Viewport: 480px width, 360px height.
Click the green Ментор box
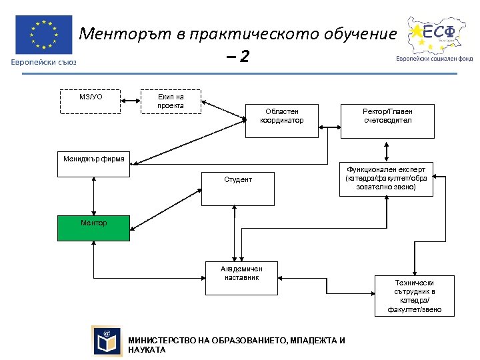point(94,227)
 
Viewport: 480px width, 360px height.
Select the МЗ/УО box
point(91,101)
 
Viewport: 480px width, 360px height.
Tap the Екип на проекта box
point(171,101)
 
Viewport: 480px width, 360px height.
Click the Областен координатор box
point(282,121)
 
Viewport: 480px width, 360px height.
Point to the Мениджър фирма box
point(94,165)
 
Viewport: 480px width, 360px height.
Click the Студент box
point(238,189)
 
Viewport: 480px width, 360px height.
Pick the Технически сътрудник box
point(414,295)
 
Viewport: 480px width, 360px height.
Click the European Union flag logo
point(43,35)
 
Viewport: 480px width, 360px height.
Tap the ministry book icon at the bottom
point(107,341)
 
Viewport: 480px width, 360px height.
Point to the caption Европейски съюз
point(43,63)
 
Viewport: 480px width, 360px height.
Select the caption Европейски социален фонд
point(434,58)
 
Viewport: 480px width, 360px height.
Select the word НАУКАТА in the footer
point(147,350)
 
